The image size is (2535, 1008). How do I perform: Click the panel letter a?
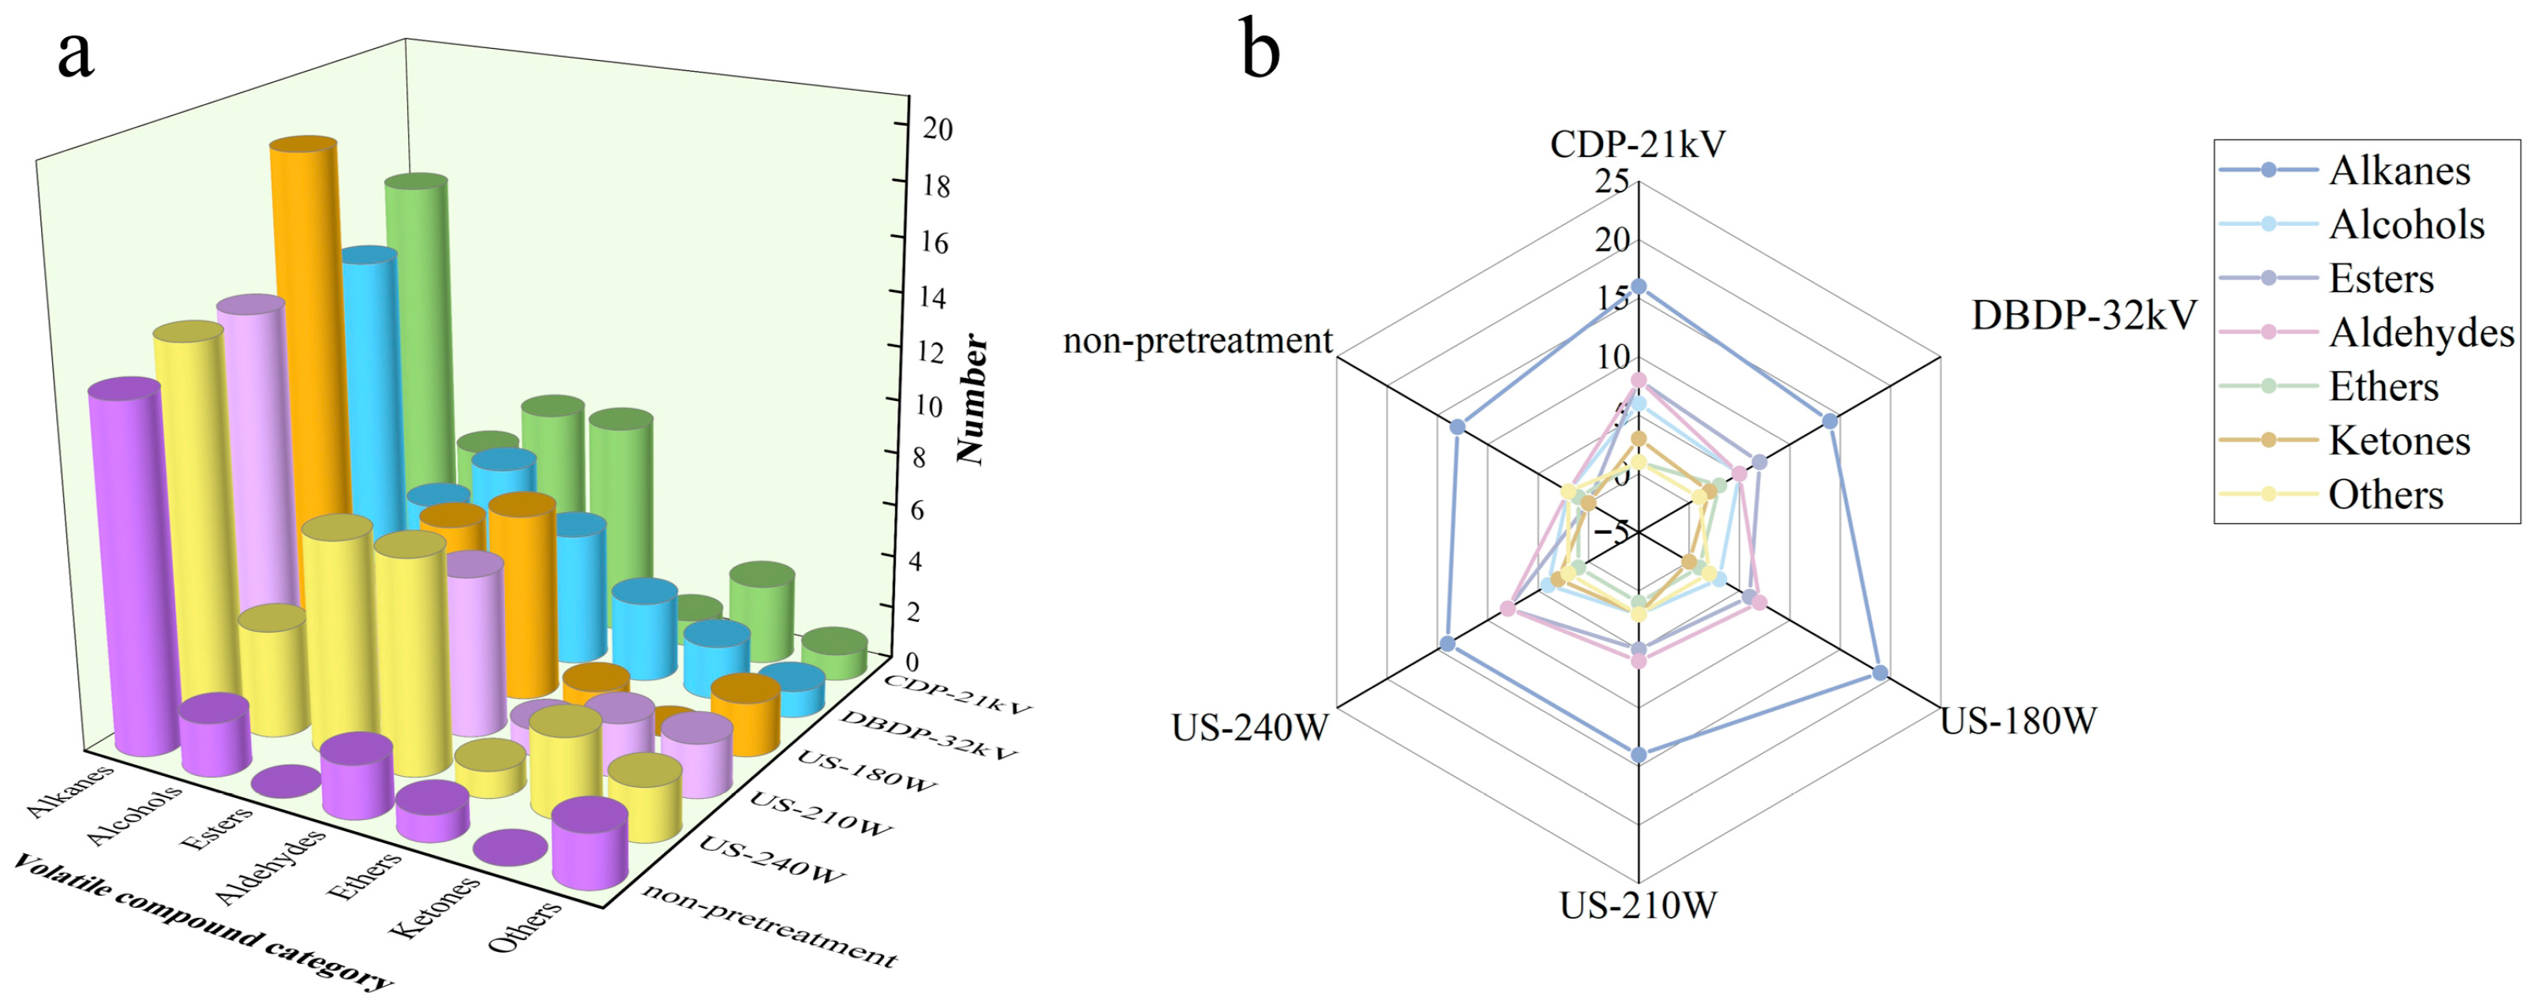tap(75, 55)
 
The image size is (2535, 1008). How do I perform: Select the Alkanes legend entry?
tap(2399, 171)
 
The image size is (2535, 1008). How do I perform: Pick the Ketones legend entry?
tap(2399, 441)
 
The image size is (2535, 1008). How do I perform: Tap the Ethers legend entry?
tap(2383, 387)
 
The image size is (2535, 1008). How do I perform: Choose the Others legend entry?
tap(2385, 495)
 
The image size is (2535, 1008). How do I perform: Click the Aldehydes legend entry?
tap(2421, 333)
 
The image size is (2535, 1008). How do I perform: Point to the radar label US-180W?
tap(2017, 721)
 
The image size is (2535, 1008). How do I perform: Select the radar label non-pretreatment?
tap(1197, 340)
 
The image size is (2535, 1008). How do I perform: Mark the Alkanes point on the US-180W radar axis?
tap(1880, 673)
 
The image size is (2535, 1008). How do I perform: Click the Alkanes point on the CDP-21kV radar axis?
tap(1638, 287)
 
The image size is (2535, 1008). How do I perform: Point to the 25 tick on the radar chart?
tap(1612, 181)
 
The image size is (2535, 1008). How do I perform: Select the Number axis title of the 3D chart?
tap(972, 399)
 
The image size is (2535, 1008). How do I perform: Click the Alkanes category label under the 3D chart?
tap(69, 790)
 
